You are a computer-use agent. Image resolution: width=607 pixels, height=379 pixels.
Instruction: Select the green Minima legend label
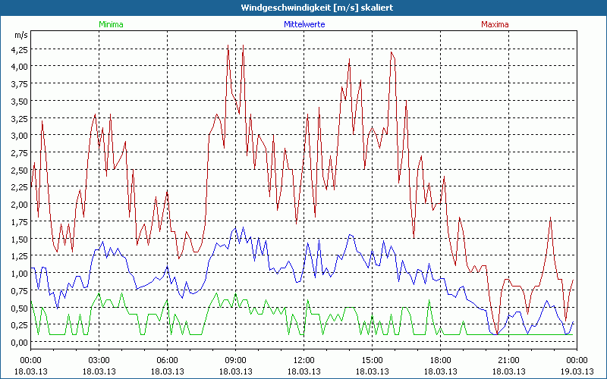[111, 24]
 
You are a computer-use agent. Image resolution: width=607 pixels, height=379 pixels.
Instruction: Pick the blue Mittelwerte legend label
[304, 24]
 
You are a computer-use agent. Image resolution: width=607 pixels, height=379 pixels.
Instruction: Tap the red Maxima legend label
[495, 24]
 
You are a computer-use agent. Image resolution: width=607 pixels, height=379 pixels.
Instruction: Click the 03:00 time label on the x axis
[99, 359]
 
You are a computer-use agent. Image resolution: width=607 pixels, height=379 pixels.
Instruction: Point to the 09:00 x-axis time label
[236, 359]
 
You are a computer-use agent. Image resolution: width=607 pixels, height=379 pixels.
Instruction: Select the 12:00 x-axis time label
[304, 359]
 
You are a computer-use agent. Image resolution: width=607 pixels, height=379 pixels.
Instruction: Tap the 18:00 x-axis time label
[441, 359]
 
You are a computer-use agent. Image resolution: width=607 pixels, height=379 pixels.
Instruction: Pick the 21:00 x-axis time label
[509, 359]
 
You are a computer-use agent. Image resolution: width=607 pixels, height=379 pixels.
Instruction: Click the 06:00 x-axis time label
[168, 359]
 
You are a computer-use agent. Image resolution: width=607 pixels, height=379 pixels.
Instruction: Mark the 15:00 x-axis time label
[373, 359]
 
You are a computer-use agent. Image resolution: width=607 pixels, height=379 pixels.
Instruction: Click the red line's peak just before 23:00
[550, 218]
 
